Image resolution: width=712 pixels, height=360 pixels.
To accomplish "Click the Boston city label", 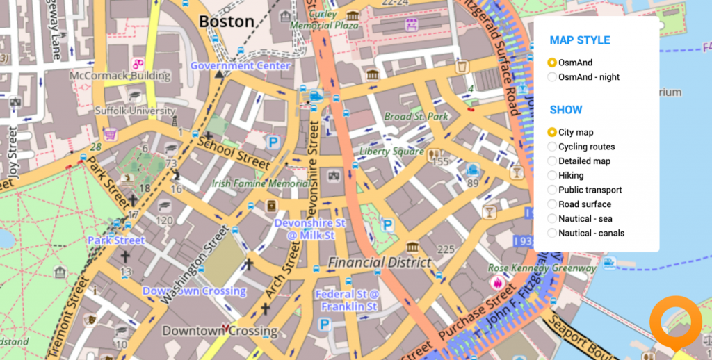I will click(227, 22).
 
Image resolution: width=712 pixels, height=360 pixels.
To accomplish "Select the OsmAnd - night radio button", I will click(553, 77).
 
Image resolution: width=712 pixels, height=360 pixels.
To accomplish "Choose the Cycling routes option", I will click(553, 147).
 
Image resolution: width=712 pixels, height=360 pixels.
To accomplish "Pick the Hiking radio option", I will click(553, 176).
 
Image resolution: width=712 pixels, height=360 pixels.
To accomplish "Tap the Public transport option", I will click(553, 190).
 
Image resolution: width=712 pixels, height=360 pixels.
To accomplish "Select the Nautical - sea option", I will click(553, 219).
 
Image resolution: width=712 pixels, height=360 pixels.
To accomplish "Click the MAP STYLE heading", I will click(579, 40).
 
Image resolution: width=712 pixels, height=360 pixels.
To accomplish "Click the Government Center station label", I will click(240, 66).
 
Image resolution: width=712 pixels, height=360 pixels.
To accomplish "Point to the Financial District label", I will click(380, 263).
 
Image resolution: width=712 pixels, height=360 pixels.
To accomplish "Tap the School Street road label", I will click(233, 152).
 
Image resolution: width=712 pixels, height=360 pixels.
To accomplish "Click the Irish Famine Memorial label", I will click(261, 184).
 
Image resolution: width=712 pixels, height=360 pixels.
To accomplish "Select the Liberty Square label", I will click(391, 151).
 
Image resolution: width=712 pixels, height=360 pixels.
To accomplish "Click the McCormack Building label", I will click(120, 76).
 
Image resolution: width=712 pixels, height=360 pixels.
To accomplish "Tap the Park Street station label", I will click(116, 240).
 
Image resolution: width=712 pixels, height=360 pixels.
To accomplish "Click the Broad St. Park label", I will click(416, 117).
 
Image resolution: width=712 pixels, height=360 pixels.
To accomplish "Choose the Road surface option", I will click(553, 204).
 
